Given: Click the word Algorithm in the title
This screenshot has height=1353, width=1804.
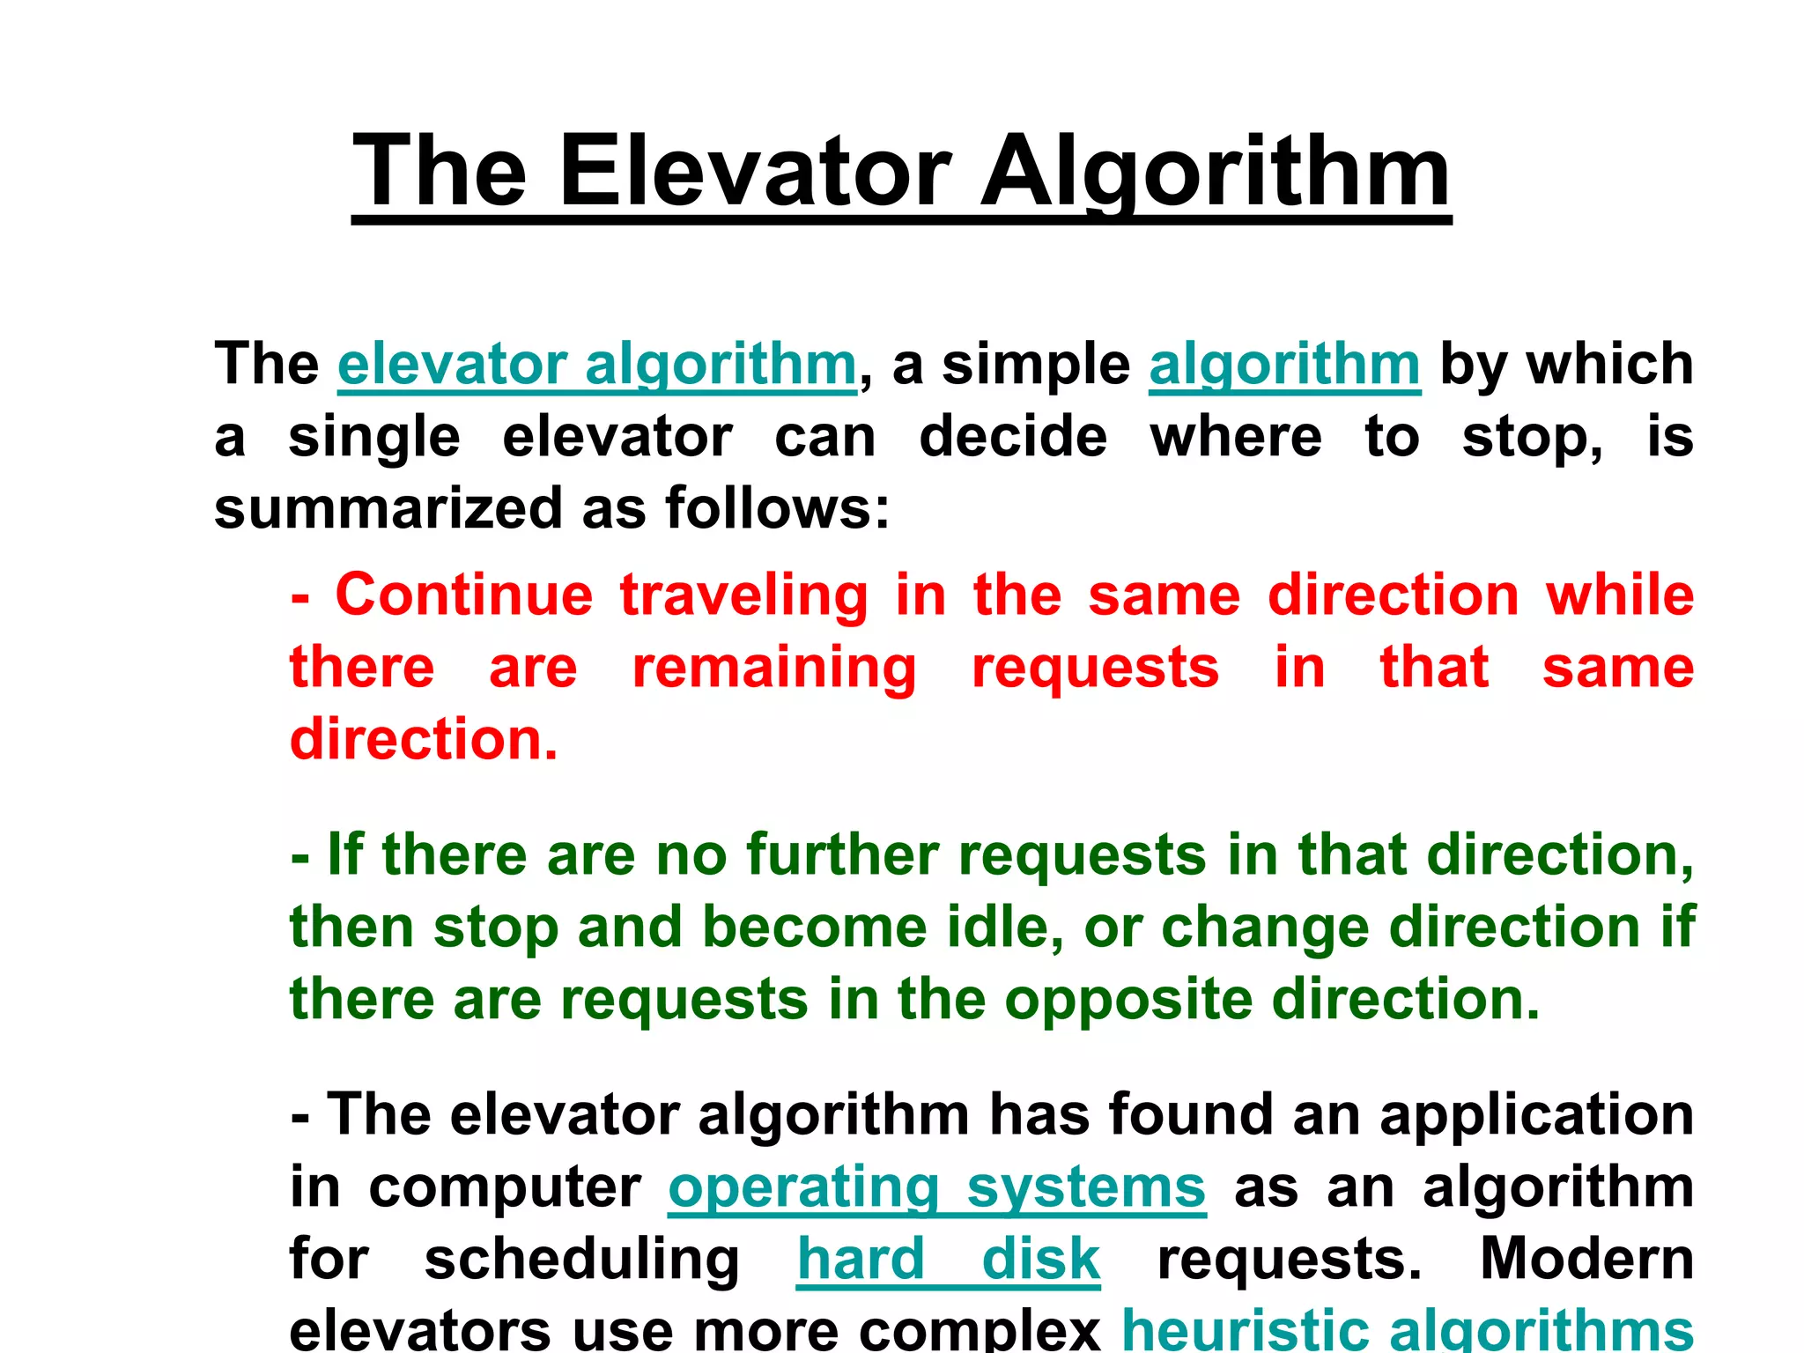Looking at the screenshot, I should (x=1215, y=171).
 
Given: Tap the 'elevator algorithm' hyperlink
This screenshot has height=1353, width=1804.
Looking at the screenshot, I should (x=596, y=364).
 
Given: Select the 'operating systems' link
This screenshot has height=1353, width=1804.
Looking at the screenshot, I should (x=936, y=1187).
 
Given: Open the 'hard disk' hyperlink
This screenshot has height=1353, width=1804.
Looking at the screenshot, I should (x=948, y=1259).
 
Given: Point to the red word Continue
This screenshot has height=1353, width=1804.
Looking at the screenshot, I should (x=464, y=595).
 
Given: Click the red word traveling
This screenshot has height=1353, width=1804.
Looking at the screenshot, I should (x=743, y=596).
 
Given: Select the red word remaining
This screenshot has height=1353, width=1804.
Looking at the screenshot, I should (x=774, y=668).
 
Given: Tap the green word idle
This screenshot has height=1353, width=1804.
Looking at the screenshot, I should (x=1004, y=927).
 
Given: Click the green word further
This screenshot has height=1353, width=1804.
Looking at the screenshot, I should (x=843, y=854).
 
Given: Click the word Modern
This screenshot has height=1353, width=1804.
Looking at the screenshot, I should (x=1586, y=1259).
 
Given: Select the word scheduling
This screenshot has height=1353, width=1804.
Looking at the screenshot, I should (x=581, y=1261).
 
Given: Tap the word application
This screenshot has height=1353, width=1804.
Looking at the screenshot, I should (x=1536, y=1116).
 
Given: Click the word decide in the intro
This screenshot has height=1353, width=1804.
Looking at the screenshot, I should (x=1013, y=436).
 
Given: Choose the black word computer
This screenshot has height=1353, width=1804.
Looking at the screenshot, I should (x=505, y=1188).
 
